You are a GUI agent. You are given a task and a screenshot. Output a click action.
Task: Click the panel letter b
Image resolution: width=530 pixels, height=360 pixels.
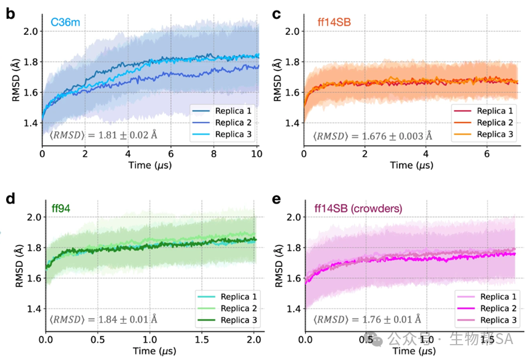(10, 13)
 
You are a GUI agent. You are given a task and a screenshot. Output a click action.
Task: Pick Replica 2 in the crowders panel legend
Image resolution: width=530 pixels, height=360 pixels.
(493, 308)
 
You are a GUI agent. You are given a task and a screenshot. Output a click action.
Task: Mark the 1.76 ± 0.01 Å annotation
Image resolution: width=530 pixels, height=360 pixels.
(366, 319)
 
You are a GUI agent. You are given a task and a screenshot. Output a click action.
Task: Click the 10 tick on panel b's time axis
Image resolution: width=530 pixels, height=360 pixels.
(258, 154)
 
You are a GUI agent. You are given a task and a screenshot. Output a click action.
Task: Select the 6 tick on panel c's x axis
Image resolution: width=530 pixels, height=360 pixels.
(486, 154)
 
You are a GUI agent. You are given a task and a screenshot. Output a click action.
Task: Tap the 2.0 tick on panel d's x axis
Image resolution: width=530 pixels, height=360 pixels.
(254, 339)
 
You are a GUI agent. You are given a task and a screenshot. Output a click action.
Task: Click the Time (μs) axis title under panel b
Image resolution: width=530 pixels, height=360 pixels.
(150, 165)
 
